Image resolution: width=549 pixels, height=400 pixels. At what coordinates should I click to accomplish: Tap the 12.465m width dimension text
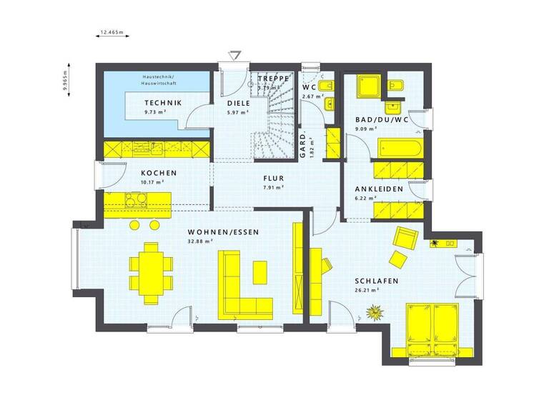112,32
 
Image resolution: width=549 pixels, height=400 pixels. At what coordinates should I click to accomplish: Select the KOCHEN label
159,173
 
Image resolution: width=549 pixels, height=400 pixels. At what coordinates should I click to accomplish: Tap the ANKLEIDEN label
379,189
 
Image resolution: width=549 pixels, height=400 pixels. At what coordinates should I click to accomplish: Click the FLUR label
274,179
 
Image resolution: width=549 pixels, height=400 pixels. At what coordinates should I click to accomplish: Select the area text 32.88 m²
201,241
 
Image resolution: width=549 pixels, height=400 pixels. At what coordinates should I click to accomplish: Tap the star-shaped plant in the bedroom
375,311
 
